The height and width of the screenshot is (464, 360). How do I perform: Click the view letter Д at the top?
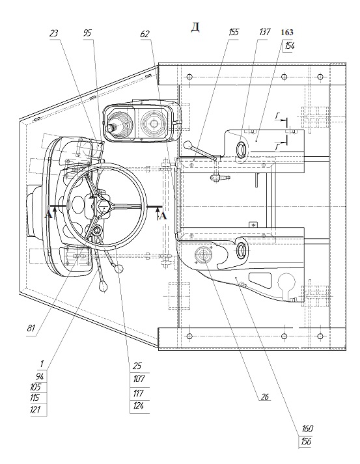(195, 27)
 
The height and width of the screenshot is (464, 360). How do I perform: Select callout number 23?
(53, 33)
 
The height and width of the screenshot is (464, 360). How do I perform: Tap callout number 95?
(88, 33)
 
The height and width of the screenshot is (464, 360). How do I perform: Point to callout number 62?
(145, 34)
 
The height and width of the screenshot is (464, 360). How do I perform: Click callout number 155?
(234, 33)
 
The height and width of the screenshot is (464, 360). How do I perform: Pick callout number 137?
(264, 32)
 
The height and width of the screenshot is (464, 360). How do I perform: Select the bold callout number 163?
(287, 33)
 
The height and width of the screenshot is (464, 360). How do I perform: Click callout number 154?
(290, 46)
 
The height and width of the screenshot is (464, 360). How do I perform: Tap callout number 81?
(31, 328)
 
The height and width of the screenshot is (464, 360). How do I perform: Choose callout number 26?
(264, 396)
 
